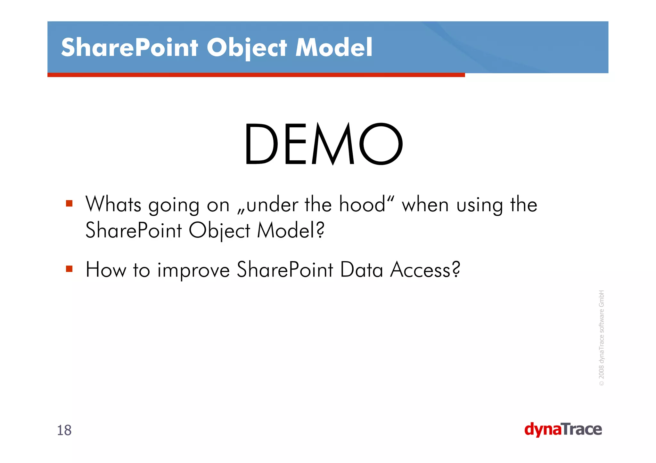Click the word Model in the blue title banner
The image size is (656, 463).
(x=334, y=47)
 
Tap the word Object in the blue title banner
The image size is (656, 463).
(x=247, y=47)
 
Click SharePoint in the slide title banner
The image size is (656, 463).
(x=129, y=47)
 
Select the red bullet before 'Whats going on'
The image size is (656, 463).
(x=69, y=204)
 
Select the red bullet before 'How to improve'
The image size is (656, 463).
(x=69, y=268)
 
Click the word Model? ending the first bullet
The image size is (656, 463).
(x=291, y=230)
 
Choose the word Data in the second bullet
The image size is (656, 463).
(x=361, y=269)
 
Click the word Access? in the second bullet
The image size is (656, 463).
(x=425, y=269)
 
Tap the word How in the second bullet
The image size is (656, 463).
(x=106, y=269)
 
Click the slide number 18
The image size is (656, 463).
(x=64, y=430)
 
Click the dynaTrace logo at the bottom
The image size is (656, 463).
(x=563, y=429)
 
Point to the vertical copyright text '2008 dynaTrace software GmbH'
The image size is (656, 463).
(x=601, y=338)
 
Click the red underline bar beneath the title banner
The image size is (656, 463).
(x=256, y=75)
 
